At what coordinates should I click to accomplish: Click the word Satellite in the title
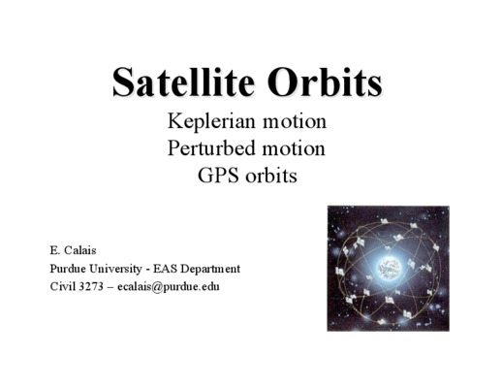(x=183, y=81)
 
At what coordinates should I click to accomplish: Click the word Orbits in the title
(x=325, y=81)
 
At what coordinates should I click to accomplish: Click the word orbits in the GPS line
(x=271, y=176)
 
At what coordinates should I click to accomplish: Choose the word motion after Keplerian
(x=295, y=121)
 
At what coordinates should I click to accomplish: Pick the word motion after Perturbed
(x=293, y=148)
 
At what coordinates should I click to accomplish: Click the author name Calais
(x=80, y=250)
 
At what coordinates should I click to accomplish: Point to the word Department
(x=210, y=270)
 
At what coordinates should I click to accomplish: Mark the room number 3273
(x=91, y=286)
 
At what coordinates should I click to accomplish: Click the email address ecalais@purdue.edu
(x=169, y=287)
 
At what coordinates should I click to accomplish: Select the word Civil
(x=62, y=286)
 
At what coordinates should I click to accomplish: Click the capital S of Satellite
(x=124, y=81)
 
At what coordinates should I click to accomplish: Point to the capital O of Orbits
(x=281, y=81)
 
